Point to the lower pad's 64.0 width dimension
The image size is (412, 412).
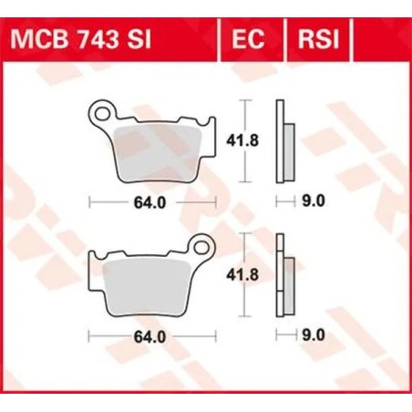[151, 336]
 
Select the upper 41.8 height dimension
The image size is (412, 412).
[239, 139]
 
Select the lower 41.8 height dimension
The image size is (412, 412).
[239, 273]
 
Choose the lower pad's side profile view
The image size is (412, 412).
[286, 278]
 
